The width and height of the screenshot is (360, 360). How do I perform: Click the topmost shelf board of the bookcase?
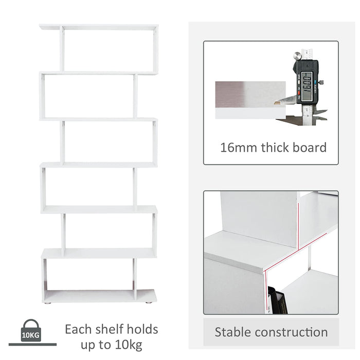click(99, 26)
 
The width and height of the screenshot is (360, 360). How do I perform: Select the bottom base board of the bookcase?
click(99, 296)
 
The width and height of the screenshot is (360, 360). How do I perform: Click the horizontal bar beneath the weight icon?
click(32, 345)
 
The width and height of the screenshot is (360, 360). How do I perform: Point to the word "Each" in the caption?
click(78, 329)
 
